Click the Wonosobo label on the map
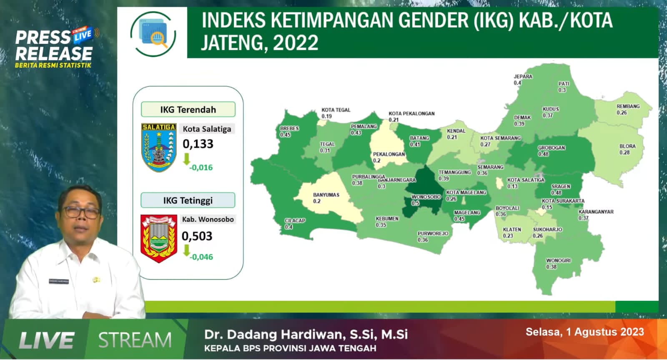point(426,197)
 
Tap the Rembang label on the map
point(628,107)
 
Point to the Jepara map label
point(523,77)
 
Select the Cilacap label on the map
point(295,221)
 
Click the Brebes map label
point(289,128)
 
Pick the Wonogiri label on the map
point(558,261)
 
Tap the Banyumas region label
point(326,195)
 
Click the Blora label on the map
point(627,146)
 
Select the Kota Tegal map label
point(336,110)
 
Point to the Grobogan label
point(551,148)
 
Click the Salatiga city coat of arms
point(159,147)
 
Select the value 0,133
point(198,144)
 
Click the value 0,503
point(197,236)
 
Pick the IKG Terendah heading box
point(188,110)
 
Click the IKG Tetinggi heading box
point(188,200)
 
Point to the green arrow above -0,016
point(186,159)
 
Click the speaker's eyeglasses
point(81,212)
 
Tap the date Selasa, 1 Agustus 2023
point(584,332)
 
